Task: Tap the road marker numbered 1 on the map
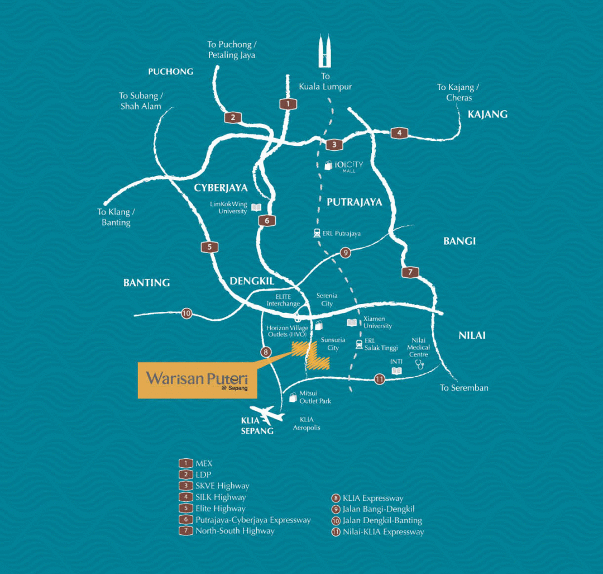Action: [x=288, y=104]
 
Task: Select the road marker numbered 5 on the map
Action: [x=209, y=247]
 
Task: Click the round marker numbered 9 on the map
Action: [x=346, y=253]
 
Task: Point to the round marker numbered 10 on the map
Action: [x=186, y=314]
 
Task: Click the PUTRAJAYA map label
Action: [x=355, y=202]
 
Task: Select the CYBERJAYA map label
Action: [x=221, y=188]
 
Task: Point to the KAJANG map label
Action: [x=487, y=115]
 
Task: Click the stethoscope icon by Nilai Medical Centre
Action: [x=420, y=364]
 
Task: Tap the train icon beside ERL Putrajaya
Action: [x=317, y=234]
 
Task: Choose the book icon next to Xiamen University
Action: [x=352, y=322]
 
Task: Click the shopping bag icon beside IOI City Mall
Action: [x=328, y=165]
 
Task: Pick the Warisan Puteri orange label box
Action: [x=198, y=380]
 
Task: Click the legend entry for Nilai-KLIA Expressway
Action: [x=384, y=532]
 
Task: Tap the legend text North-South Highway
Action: [x=234, y=530]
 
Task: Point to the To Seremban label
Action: [x=464, y=387]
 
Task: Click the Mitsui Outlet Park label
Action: [x=315, y=397]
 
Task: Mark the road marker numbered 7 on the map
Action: [x=410, y=272]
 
